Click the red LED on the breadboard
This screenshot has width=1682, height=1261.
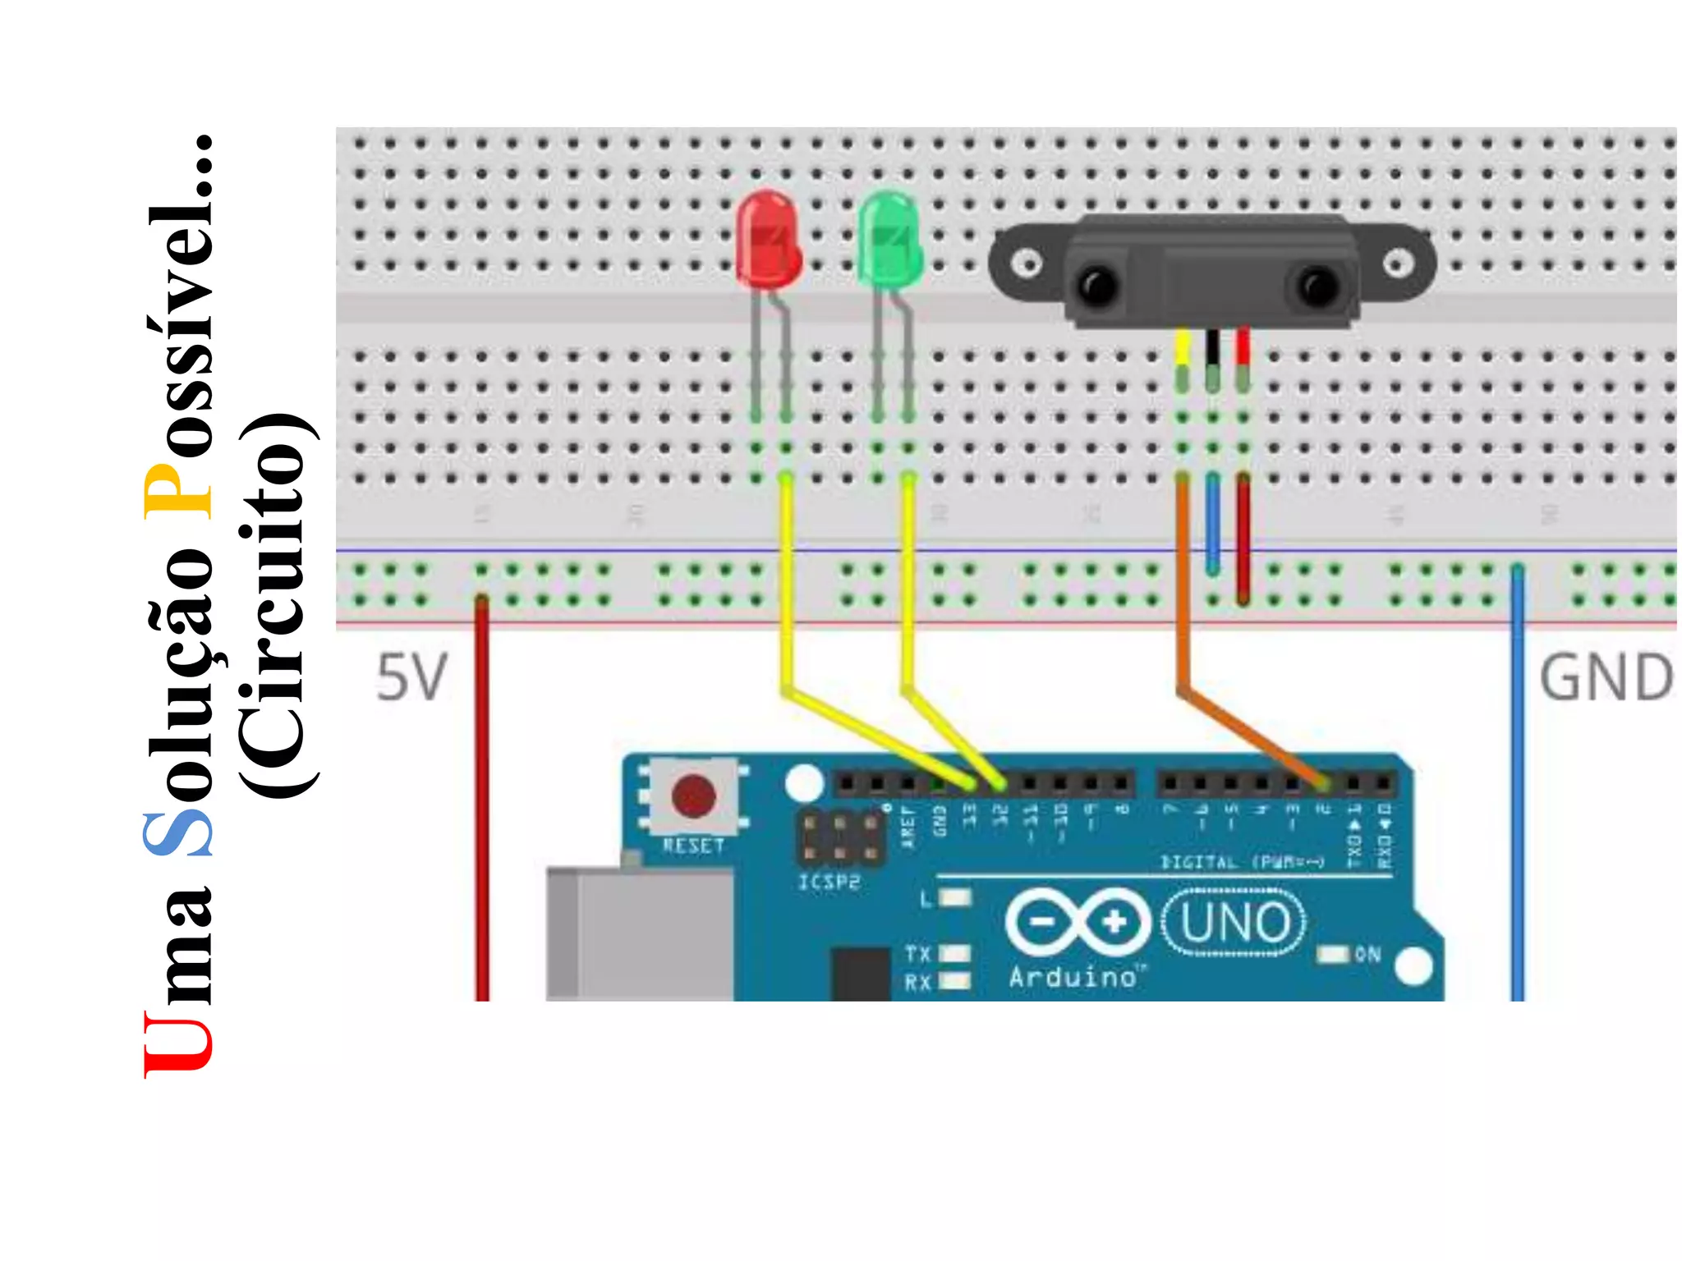(x=768, y=241)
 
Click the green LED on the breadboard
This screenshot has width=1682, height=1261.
(x=889, y=241)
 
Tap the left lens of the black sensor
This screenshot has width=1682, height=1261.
(x=1098, y=285)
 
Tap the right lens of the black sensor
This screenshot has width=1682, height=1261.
(x=1318, y=285)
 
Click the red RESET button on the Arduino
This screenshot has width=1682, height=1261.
(x=694, y=796)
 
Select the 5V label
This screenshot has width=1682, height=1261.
(x=411, y=678)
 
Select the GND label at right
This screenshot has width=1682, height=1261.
(x=1606, y=678)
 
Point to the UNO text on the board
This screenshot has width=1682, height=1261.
(x=1235, y=923)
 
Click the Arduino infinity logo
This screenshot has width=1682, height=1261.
(x=1078, y=922)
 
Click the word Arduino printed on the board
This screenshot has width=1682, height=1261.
(x=1073, y=977)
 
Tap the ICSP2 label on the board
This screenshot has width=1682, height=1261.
(x=830, y=883)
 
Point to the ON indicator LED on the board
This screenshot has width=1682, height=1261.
(x=1334, y=954)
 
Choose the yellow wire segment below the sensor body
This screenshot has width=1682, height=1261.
(x=1183, y=348)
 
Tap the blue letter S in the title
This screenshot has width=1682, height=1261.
(x=178, y=834)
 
